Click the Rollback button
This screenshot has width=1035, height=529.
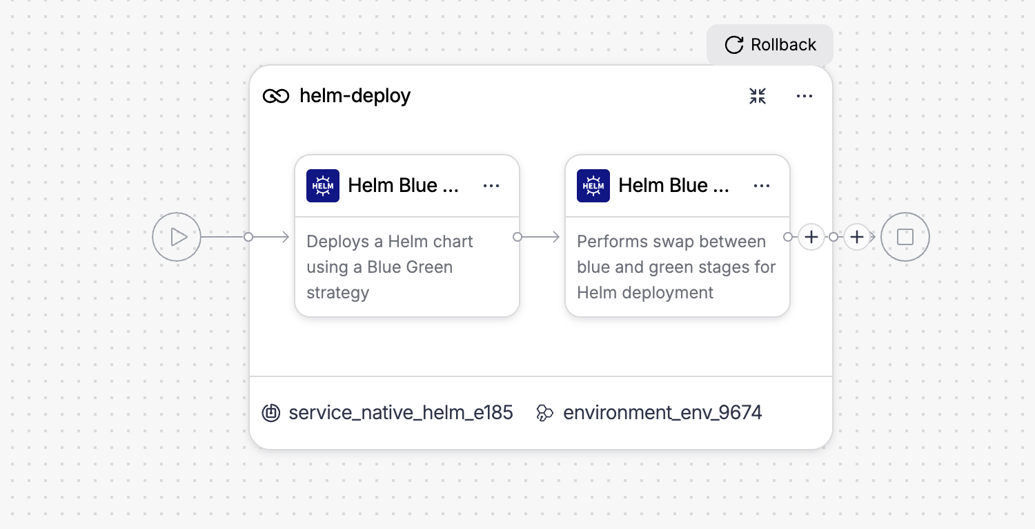point(770,45)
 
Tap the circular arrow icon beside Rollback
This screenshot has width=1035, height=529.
point(733,45)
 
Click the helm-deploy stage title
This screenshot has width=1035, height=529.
point(355,96)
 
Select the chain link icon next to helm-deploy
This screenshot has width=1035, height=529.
point(276,96)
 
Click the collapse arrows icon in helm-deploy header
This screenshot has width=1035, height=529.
point(758,96)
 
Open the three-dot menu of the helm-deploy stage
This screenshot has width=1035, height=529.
point(805,96)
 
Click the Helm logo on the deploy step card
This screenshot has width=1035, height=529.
point(323,186)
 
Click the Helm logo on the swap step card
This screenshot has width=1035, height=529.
point(593,186)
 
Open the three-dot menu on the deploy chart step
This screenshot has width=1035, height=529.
point(491,186)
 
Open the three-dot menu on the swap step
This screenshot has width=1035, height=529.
point(762,186)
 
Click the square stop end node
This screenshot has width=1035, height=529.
point(905,237)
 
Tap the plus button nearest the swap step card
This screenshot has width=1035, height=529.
point(811,237)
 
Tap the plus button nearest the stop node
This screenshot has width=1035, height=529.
point(857,237)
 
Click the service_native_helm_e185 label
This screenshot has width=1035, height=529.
point(401,412)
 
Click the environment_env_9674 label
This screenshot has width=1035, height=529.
point(662,412)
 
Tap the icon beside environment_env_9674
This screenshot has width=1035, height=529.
point(545,413)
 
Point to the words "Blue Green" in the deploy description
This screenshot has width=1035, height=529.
point(410,267)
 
